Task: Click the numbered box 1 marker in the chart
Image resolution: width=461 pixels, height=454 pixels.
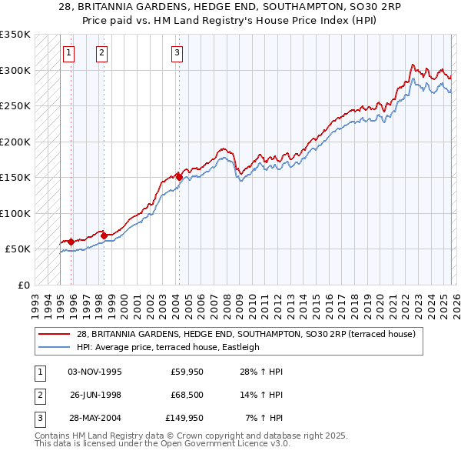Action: click(69, 53)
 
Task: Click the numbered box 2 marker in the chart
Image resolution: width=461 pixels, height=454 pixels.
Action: click(101, 53)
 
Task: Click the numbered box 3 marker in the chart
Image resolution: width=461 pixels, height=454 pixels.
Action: click(177, 53)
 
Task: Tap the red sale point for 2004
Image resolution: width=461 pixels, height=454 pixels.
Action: click(179, 177)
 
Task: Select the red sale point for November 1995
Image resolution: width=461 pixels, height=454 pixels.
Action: click(71, 242)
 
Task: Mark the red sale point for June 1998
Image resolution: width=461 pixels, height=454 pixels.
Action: click(104, 235)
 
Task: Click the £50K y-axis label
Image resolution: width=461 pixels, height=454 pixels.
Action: click(18, 249)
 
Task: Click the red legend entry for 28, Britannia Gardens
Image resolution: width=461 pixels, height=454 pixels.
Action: click(245, 334)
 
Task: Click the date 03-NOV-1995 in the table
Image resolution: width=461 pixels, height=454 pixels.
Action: click(95, 372)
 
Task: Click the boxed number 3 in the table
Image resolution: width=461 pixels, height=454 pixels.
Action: click(38, 418)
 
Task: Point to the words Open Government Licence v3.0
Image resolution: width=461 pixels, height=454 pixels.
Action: click(223, 445)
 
